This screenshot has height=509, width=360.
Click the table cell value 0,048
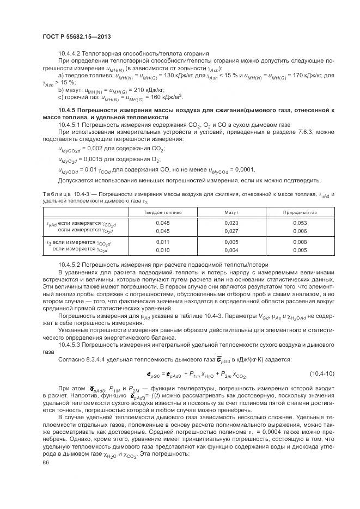pos(162,223)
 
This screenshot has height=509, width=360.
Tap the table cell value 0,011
pos(162,242)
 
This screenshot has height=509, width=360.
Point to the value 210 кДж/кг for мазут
pos(132,89)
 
